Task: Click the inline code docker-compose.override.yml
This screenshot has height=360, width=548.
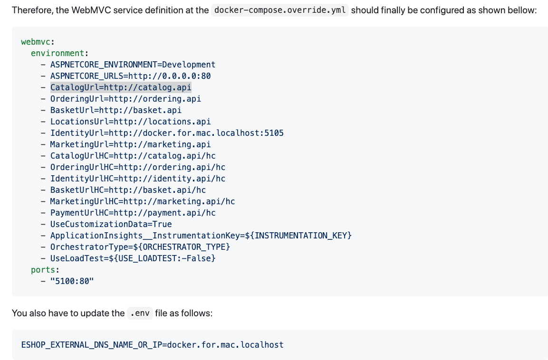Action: tap(279, 10)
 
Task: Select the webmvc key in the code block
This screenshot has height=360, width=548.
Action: tap(38, 42)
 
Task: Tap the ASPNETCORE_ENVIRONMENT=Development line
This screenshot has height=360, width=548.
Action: tap(133, 65)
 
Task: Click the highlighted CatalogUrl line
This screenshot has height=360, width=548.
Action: tap(121, 87)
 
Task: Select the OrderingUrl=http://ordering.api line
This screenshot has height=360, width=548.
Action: tap(125, 99)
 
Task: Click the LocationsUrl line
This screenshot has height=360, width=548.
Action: tap(130, 122)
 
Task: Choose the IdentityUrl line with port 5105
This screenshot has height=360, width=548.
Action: tap(167, 133)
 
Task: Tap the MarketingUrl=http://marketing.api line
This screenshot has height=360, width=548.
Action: tap(130, 144)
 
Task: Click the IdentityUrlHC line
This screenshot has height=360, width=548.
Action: tap(138, 179)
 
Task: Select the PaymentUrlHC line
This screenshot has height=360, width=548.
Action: tap(133, 213)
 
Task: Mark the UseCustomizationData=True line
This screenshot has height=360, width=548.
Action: tap(111, 224)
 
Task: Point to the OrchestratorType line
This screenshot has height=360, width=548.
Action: tap(140, 247)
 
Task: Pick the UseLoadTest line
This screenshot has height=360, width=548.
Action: tap(133, 258)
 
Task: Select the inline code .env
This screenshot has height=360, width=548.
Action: tap(140, 313)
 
